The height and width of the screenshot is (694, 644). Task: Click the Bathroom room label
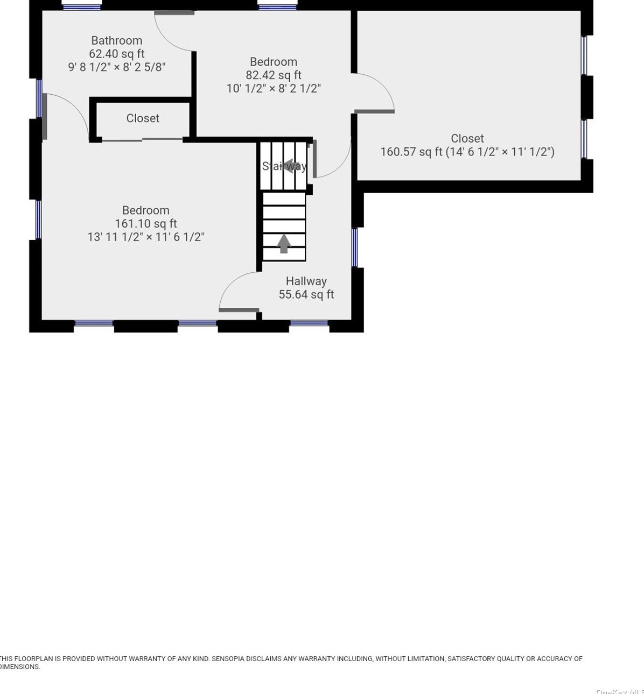pos(116,40)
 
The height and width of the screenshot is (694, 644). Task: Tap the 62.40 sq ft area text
pos(116,54)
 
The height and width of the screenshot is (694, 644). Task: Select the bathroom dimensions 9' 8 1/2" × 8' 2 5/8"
pos(116,67)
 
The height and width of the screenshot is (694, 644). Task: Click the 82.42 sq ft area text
pos(274,75)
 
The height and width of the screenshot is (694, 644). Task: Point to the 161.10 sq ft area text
pos(145,224)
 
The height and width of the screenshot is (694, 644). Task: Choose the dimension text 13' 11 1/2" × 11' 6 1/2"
pos(145,237)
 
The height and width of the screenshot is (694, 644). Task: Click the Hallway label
pos(306,281)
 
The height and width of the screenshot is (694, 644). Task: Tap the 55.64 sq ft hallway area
pos(306,294)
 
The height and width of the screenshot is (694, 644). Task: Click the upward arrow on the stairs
pos(284,243)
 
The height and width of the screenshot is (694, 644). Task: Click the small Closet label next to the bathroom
pos(143,118)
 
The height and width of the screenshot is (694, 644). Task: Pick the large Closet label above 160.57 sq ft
pos(467,138)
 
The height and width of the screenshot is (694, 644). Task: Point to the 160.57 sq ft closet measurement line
pos(467,152)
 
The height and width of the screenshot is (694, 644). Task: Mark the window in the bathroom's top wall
pos(81,7)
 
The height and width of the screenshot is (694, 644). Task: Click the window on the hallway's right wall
pos(354,247)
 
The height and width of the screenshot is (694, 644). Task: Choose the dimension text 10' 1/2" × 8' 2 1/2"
pos(274,89)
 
